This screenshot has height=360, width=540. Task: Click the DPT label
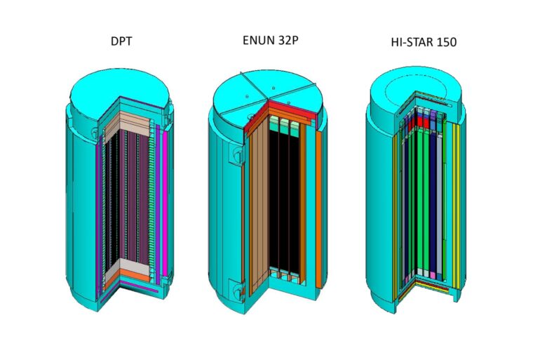(x=121, y=41)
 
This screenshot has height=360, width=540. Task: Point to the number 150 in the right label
(x=446, y=42)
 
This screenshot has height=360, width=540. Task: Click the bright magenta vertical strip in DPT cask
(x=165, y=204)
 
